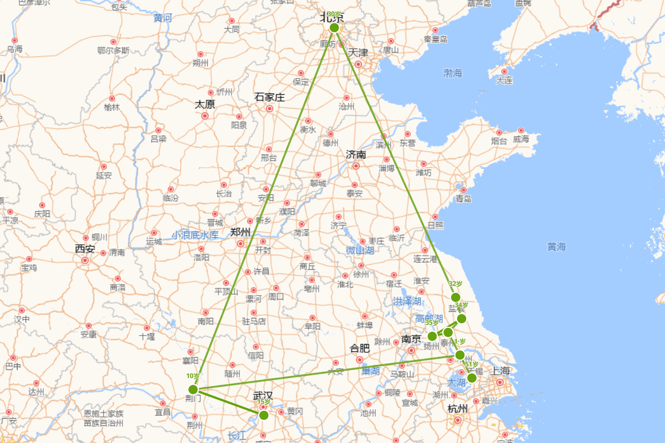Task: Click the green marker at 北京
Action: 334,28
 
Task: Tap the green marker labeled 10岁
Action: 193,389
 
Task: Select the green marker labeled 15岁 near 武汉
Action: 264,415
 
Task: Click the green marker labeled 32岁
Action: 456,297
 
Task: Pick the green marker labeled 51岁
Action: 472,378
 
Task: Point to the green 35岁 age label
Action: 432,322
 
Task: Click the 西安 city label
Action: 85,249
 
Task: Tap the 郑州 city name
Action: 241,232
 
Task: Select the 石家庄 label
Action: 269,97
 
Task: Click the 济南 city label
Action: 356,154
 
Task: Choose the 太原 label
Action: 204,104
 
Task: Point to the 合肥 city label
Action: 360,348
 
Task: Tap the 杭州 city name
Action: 457,409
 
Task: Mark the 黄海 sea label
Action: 556,247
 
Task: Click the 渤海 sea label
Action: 453,73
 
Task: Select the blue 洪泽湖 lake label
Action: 407,301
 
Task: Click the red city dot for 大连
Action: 504,71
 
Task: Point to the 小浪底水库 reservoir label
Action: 195,235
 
